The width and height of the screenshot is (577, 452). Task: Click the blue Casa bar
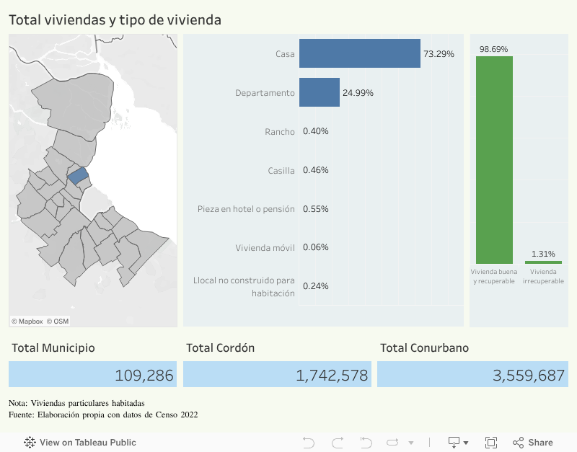[359, 53]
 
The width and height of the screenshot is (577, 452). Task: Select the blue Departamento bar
[319, 92]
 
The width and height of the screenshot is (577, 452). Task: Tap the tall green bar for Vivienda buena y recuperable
[494, 159]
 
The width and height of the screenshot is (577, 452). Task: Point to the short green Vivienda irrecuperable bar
[543, 262]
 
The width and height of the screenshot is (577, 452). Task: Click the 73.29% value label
[439, 54]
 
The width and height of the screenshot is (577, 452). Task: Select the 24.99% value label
[358, 93]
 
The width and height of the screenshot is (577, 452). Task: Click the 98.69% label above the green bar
[493, 49]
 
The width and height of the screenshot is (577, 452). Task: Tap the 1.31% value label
[543, 254]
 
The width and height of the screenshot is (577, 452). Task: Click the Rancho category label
[280, 131]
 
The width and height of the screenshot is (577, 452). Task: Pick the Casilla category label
[281, 170]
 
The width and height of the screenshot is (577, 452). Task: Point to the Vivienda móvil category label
[265, 247]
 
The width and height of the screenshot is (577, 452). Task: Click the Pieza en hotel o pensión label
[246, 209]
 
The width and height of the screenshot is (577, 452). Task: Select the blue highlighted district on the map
[78, 174]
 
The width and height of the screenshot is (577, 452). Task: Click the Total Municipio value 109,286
[144, 375]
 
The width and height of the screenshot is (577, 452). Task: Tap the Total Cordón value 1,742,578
[332, 375]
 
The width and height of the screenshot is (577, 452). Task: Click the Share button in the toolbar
[533, 442]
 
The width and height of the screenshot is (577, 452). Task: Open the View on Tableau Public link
[80, 442]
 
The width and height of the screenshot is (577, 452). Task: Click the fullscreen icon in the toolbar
[491, 442]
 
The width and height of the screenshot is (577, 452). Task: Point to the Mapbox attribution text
[27, 322]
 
